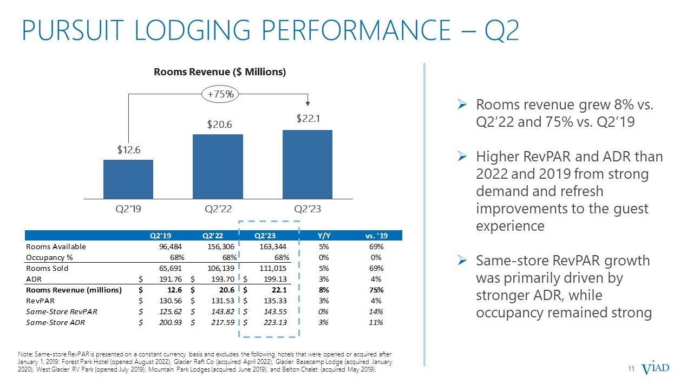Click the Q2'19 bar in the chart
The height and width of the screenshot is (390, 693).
pos(128,179)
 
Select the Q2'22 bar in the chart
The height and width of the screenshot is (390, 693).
pos(218,166)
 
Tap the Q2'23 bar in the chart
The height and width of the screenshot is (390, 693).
pos(308,164)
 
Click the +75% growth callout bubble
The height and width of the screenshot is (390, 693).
pos(220,94)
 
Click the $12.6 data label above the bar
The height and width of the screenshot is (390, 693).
pos(129,149)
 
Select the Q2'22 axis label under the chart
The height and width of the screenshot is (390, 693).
pos(218,209)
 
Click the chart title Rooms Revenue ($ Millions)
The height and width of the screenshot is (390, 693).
pos(220,72)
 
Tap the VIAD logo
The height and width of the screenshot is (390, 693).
pos(655,369)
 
